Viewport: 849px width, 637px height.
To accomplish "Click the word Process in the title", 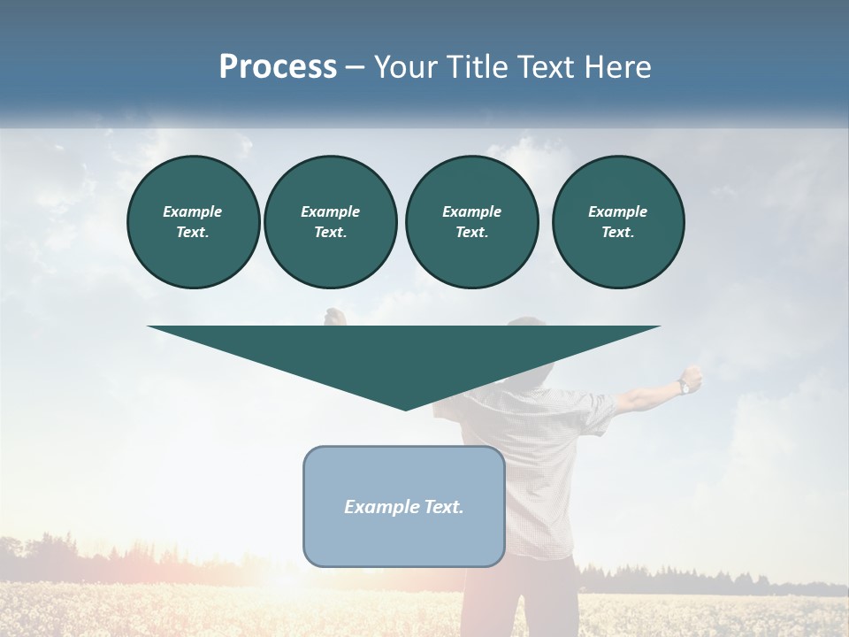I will (278, 67).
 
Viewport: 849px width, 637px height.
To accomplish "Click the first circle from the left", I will (193, 221).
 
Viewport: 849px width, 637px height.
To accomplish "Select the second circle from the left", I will (330, 221).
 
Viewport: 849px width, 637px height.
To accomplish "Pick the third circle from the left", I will (471, 221).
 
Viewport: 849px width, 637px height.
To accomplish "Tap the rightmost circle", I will (617, 221).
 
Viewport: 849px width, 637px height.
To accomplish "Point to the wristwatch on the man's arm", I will (684, 386).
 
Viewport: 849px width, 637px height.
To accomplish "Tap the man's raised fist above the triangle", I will (334, 316).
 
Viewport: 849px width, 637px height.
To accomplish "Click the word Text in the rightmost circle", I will (617, 232).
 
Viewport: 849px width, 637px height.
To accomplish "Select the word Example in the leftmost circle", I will (193, 211).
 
